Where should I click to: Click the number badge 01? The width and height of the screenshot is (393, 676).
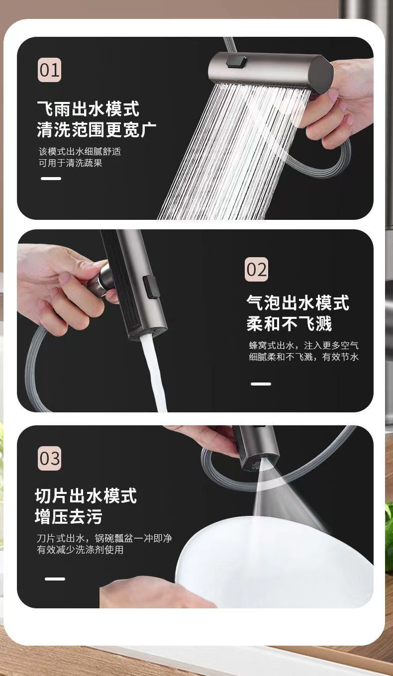(x=50, y=70)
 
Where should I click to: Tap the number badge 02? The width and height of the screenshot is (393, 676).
(x=256, y=270)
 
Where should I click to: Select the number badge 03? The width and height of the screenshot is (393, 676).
(x=50, y=458)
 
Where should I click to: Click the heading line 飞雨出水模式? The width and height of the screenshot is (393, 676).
(x=88, y=108)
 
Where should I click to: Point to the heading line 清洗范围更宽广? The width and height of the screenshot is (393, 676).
(x=97, y=130)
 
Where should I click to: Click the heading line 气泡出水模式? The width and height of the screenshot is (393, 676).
(x=297, y=303)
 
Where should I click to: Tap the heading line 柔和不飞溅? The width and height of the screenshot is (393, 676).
(x=289, y=324)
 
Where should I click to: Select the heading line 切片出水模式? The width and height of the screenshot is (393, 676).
(x=86, y=495)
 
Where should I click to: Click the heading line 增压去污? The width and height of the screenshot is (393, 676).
(x=69, y=517)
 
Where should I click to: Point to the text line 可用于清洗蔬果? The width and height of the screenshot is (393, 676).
(x=71, y=163)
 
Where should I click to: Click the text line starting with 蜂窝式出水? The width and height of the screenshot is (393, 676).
(x=303, y=345)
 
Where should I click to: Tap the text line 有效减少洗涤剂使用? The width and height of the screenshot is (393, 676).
(x=80, y=550)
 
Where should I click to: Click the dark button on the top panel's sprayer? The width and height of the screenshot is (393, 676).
(x=236, y=62)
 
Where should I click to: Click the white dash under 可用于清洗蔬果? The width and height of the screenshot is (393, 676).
(x=51, y=179)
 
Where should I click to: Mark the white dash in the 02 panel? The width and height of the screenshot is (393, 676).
(x=261, y=384)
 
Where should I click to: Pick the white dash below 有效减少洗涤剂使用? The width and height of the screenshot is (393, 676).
(x=55, y=579)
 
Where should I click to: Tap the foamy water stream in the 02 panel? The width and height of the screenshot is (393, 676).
(x=155, y=374)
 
